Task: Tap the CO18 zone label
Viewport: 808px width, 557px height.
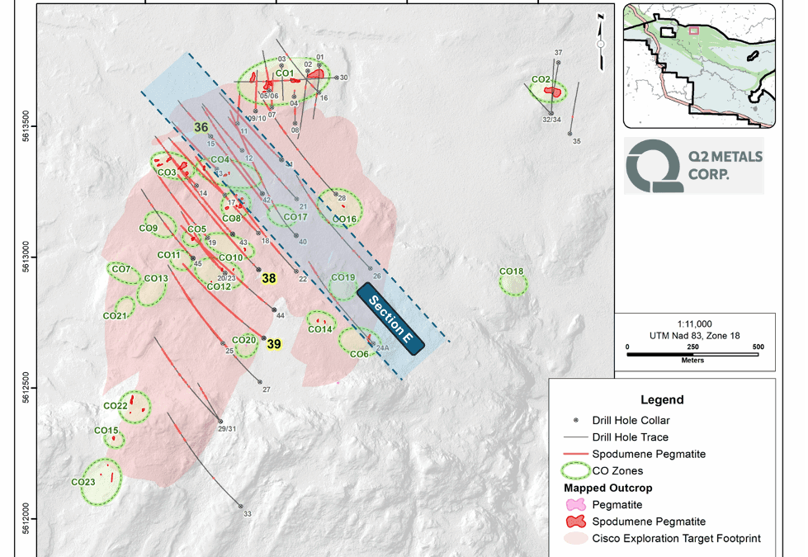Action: pos(511,271)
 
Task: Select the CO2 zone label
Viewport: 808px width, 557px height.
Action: pos(541,80)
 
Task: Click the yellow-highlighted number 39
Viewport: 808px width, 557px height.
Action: pos(274,345)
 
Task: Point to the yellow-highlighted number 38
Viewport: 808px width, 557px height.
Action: pos(269,279)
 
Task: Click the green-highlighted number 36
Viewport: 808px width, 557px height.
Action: pos(201,127)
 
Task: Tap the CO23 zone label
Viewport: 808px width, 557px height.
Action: pos(83,482)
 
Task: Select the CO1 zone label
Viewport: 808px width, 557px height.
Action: pos(285,74)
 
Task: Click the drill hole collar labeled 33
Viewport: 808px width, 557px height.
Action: pos(241,506)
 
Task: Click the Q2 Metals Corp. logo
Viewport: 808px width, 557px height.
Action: pos(692,164)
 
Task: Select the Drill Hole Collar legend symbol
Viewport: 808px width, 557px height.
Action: pos(575,420)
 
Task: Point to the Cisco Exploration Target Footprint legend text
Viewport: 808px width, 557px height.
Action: pos(676,539)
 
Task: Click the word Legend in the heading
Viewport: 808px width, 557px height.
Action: pos(662,400)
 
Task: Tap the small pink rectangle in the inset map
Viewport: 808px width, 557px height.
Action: pos(693,31)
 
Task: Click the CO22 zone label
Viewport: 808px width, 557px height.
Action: pos(115,406)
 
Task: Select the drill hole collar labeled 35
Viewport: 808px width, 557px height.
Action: pos(569,133)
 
